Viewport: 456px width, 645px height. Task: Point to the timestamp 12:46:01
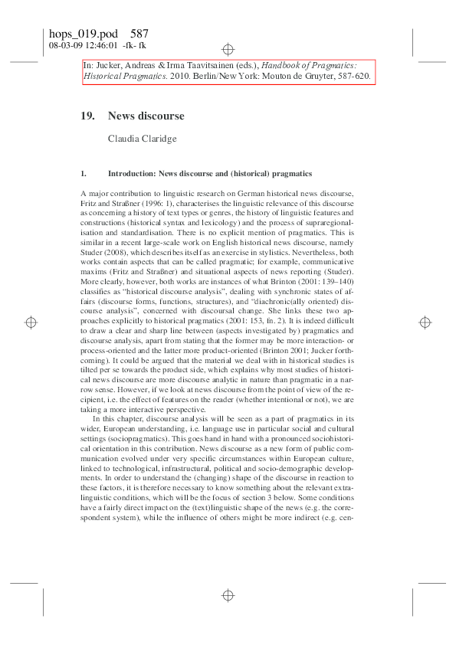pyautogui.click(x=95, y=45)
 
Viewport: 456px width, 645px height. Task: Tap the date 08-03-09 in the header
pyautogui.click(x=63, y=45)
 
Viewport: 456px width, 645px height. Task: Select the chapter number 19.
pyautogui.click(x=87, y=116)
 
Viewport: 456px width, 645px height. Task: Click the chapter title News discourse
pyautogui.click(x=146, y=116)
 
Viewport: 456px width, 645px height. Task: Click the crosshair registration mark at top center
pyautogui.click(x=228, y=50)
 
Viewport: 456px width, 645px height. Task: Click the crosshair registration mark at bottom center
pyautogui.click(x=228, y=595)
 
